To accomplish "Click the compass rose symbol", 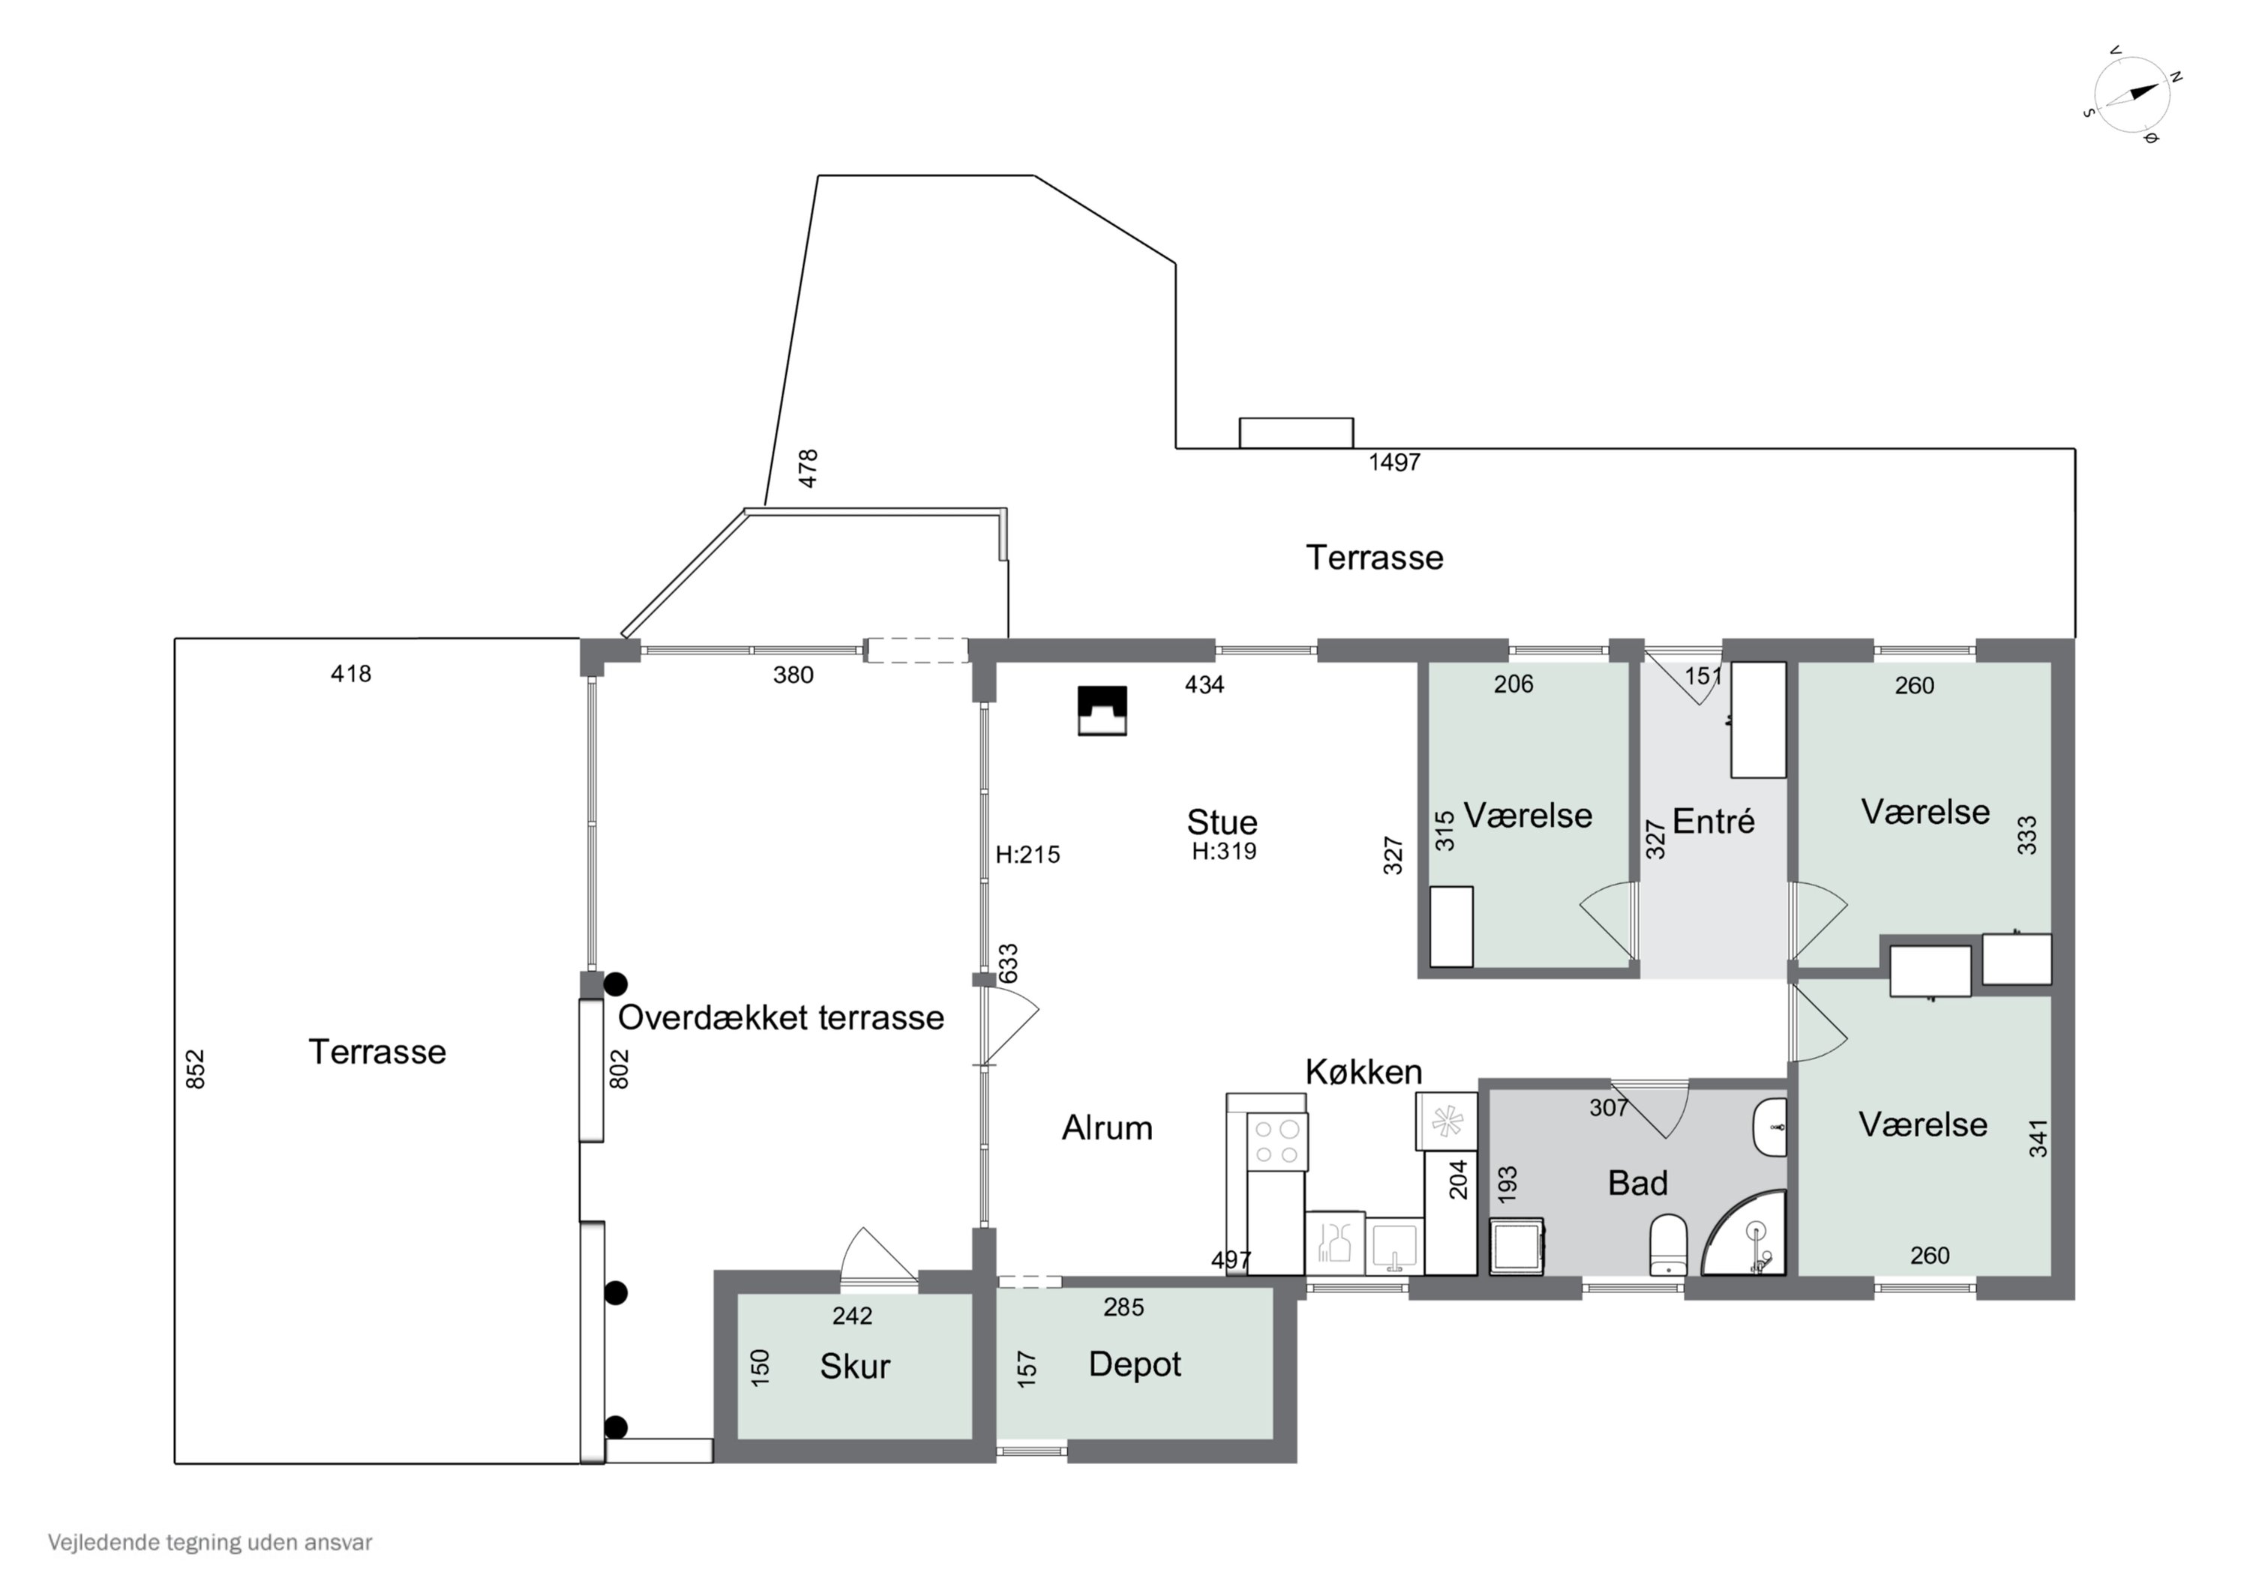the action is (2132, 95).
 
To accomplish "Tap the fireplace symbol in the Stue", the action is (1102, 710).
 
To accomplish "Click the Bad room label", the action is (1637, 1184).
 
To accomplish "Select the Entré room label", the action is (1713, 821).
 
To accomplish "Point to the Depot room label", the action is (1135, 1364).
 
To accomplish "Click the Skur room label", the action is (854, 1367).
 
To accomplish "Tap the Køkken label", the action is (1363, 1072).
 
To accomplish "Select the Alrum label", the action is (1107, 1128).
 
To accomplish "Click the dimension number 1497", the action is (1394, 463).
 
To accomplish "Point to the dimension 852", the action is (196, 1069).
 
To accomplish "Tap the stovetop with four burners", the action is (1277, 1140).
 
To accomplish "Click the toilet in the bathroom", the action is (1668, 1244).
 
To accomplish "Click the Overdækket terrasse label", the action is (781, 1018).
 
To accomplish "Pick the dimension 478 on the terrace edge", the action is (808, 469).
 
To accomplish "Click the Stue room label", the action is (1222, 822).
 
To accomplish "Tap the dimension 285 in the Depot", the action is (1124, 1307).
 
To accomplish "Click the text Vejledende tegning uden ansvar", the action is (210, 1543).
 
